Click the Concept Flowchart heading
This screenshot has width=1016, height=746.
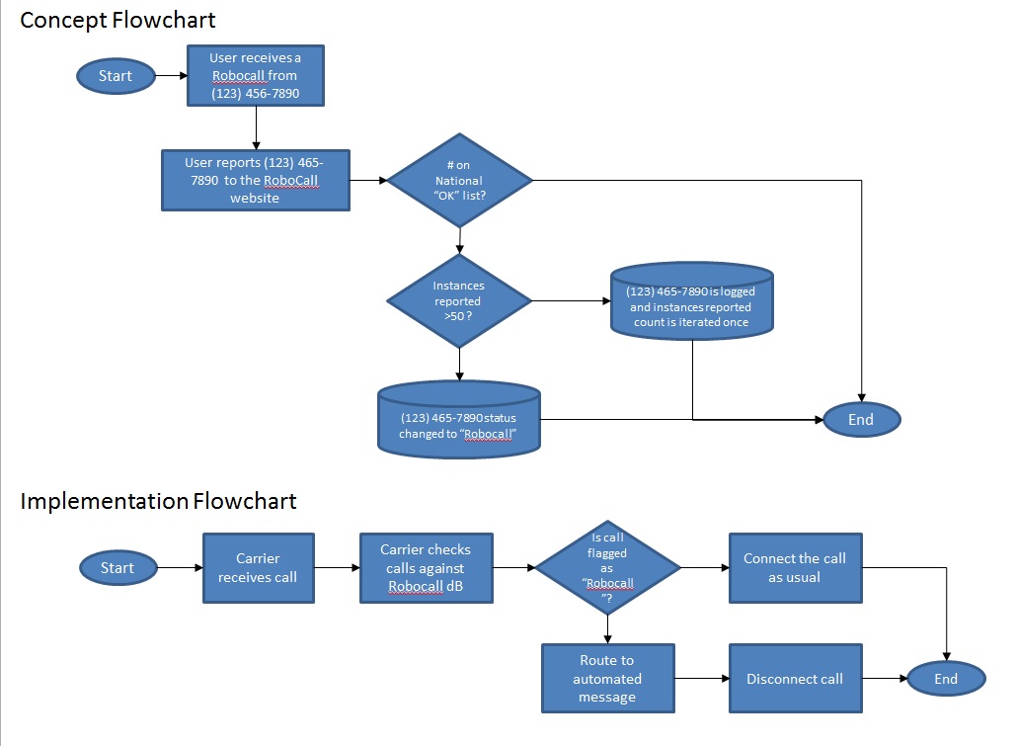117,20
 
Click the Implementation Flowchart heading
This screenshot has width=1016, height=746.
158,501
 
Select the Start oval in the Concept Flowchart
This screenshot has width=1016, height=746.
115,76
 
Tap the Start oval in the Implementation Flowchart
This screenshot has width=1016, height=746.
117,567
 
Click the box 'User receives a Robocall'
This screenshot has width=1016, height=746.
256,75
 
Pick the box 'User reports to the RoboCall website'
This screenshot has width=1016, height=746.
255,180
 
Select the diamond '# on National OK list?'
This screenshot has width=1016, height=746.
459,181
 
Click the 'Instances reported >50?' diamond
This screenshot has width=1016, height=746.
458,300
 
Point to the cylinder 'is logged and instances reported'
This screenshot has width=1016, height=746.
691,300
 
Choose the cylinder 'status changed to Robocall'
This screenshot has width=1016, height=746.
459,419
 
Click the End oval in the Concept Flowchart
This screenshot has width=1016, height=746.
860,419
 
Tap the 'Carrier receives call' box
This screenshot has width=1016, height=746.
258,567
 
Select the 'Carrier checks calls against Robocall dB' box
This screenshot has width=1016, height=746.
427,568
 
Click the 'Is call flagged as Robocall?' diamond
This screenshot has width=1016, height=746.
607,568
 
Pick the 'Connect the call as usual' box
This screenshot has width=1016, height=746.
795,568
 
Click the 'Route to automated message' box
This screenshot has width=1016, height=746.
607,679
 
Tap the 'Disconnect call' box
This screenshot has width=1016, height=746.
795,679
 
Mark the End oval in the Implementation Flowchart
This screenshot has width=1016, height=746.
945,679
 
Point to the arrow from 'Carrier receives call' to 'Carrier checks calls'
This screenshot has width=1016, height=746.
337,568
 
